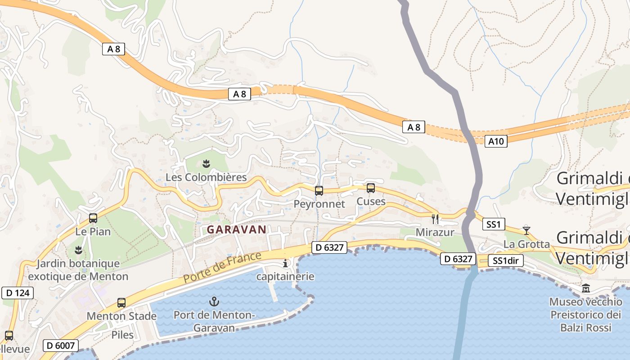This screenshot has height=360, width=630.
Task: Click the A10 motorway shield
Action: click(x=496, y=141)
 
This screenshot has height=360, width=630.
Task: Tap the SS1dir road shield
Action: click(x=506, y=261)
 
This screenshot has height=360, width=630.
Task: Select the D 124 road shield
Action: click(x=18, y=293)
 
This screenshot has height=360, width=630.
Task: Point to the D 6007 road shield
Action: click(x=61, y=346)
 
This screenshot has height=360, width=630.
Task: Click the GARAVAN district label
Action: click(x=236, y=229)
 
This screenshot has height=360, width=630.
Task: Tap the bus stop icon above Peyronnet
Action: click(x=319, y=191)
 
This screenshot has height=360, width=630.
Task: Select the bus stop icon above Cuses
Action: click(x=371, y=188)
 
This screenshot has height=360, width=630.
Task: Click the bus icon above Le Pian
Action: click(x=93, y=218)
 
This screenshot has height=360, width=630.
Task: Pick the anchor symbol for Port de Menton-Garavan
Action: click(x=214, y=301)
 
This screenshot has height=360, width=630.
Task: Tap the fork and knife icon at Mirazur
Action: click(x=435, y=219)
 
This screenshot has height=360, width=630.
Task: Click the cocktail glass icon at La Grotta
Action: click(x=526, y=231)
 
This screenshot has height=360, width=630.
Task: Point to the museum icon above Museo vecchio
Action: click(x=586, y=288)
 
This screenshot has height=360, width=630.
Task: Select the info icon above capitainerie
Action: click(x=285, y=263)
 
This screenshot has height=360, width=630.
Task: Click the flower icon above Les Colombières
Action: click(x=206, y=164)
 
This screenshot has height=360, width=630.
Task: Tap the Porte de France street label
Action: click(x=222, y=268)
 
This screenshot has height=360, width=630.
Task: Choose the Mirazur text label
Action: click(x=435, y=233)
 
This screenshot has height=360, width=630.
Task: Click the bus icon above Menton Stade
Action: click(x=121, y=303)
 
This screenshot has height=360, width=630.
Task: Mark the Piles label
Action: click(x=123, y=335)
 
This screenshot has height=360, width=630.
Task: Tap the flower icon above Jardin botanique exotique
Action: click(x=79, y=250)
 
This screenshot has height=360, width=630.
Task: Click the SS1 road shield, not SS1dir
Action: click(x=494, y=224)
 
